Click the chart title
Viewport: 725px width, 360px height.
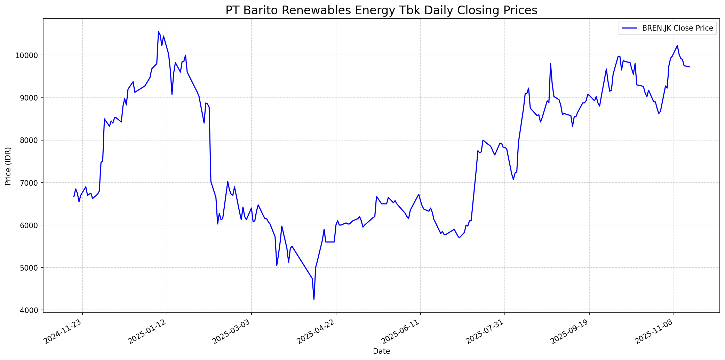(381, 10)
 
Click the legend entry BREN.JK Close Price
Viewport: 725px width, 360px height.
(677, 28)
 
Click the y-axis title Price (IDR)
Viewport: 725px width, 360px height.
(8, 166)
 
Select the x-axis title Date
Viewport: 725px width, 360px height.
(381, 351)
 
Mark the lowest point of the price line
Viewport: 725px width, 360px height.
(314, 299)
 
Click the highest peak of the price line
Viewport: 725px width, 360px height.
(158, 32)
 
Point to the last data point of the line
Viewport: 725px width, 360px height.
(689, 67)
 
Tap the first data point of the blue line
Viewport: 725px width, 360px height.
(74, 197)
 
